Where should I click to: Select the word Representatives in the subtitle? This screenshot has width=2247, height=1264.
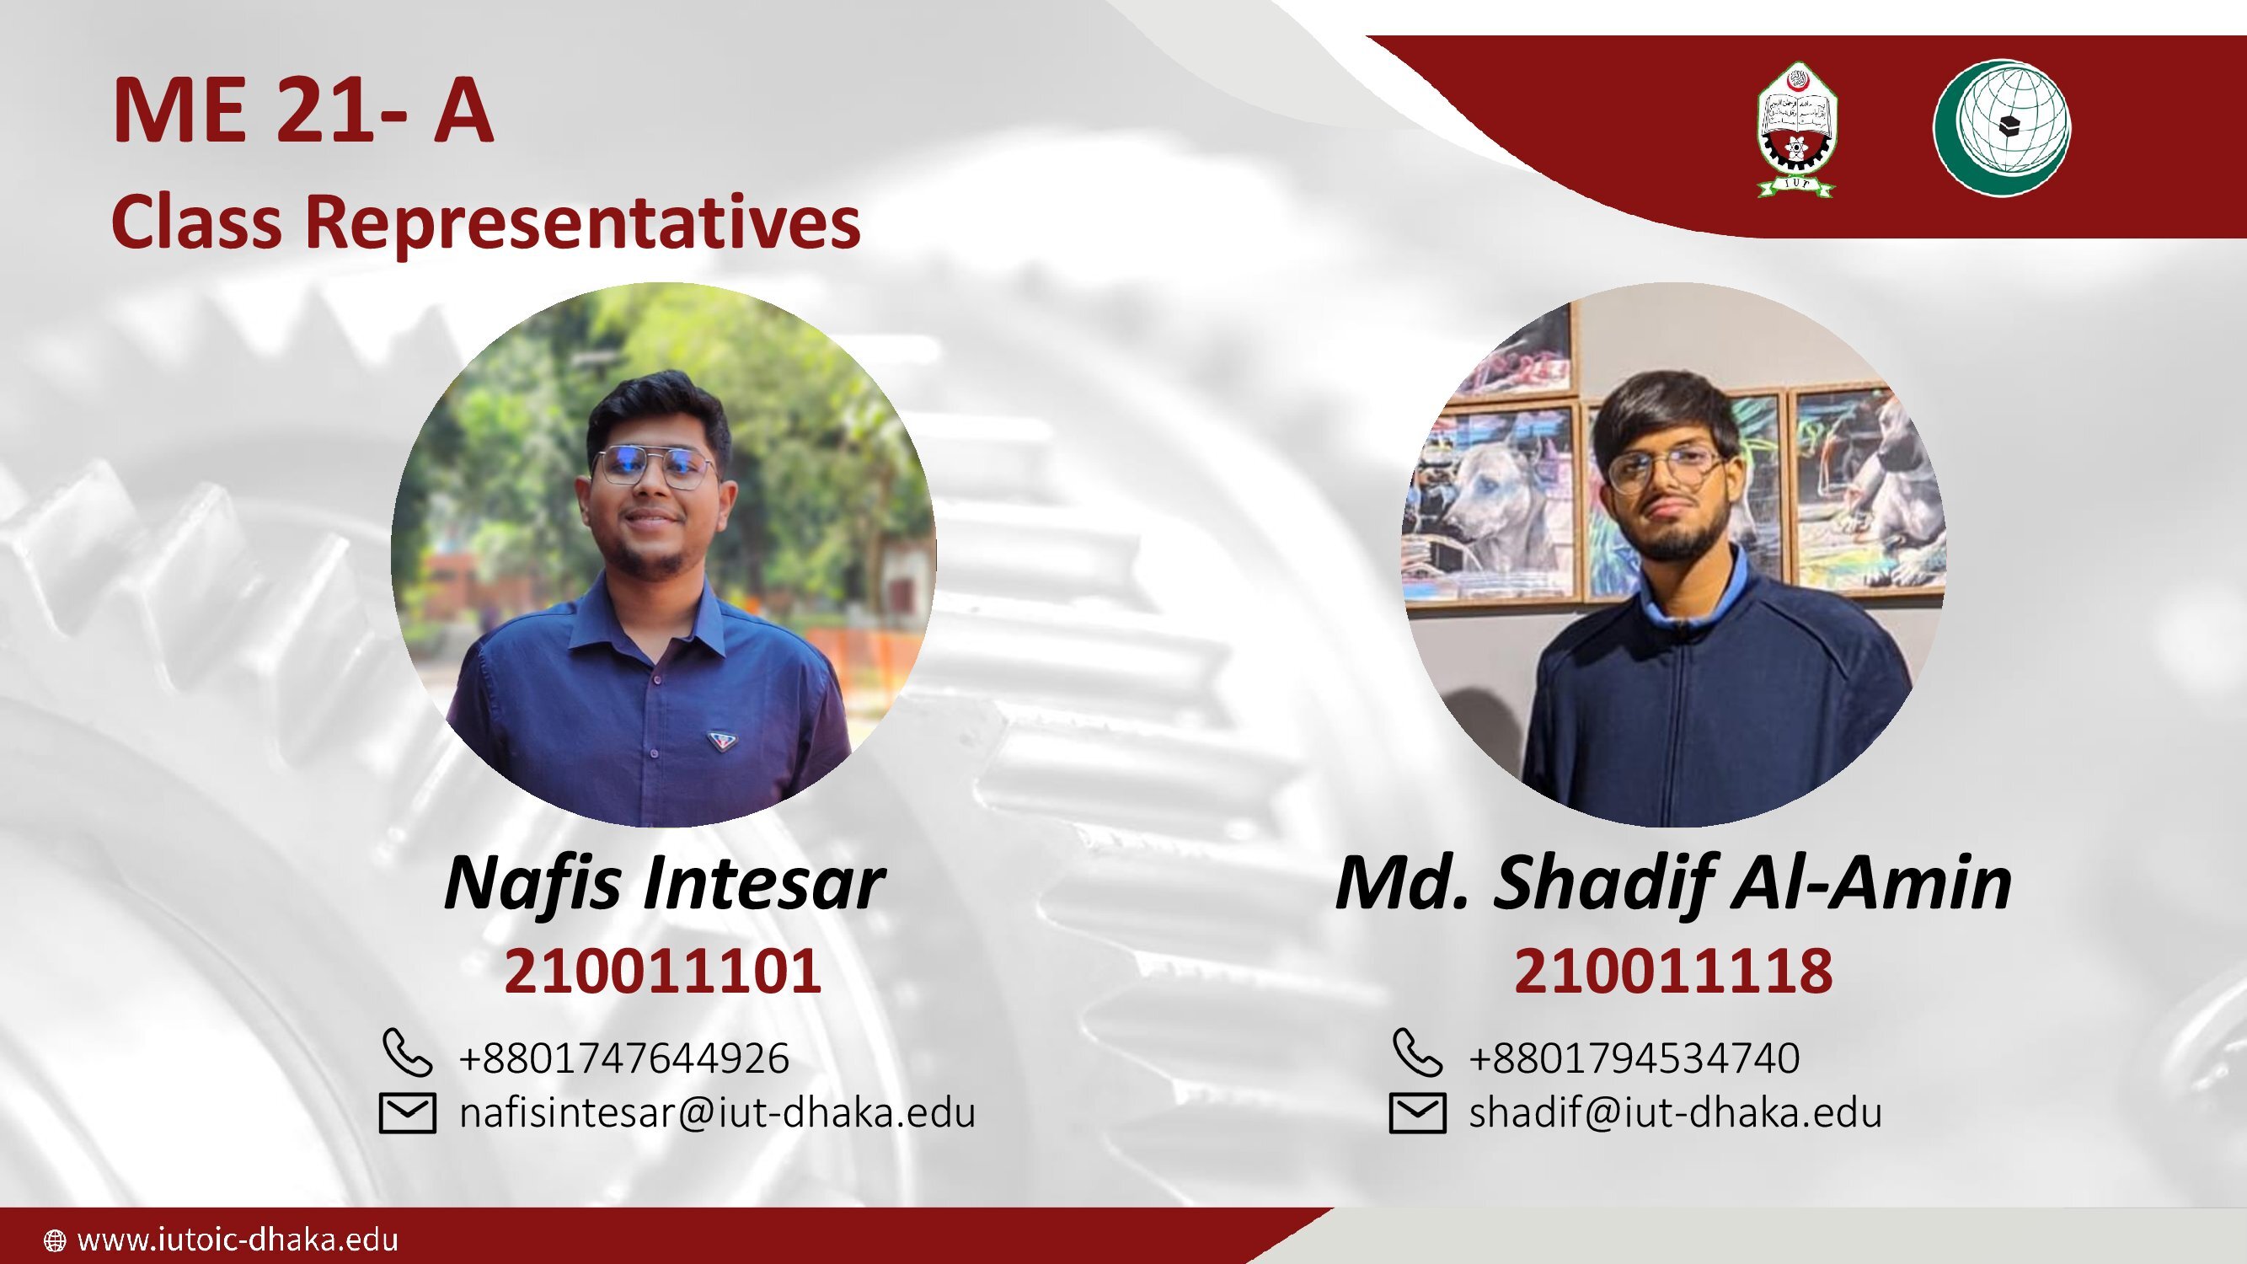pos(583,223)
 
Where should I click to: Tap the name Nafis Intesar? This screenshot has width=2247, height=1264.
pos(664,884)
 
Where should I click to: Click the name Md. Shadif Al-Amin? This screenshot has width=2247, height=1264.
pos(1673,884)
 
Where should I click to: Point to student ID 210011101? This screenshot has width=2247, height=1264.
pos(663,971)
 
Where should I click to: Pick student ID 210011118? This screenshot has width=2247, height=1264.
pos(1673,971)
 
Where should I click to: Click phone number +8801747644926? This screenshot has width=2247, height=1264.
pos(623,1058)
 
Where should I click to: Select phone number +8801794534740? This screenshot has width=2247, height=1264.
pos(1634,1058)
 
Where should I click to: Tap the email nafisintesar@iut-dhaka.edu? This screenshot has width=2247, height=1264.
pos(717,1112)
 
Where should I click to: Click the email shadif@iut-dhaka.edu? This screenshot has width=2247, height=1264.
pos(1675,1112)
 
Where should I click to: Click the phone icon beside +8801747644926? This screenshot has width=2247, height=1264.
pos(407,1052)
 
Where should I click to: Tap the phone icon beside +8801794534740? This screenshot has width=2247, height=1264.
pos(1417,1052)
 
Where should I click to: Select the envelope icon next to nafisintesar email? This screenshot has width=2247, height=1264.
pos(407,1113)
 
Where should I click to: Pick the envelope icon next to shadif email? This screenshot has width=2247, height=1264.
pos(1417,1113)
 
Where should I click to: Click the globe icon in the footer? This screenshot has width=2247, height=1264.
pos(54,1240)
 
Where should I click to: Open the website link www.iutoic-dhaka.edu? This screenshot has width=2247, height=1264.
pos(238,1239)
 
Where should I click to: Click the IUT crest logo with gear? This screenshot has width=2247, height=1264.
pos(1796,129)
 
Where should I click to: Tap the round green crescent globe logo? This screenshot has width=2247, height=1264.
pos(2002,127)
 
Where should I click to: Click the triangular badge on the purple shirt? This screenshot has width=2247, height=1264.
pos(720,741)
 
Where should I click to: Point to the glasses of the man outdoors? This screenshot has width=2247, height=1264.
pos(653,469)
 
